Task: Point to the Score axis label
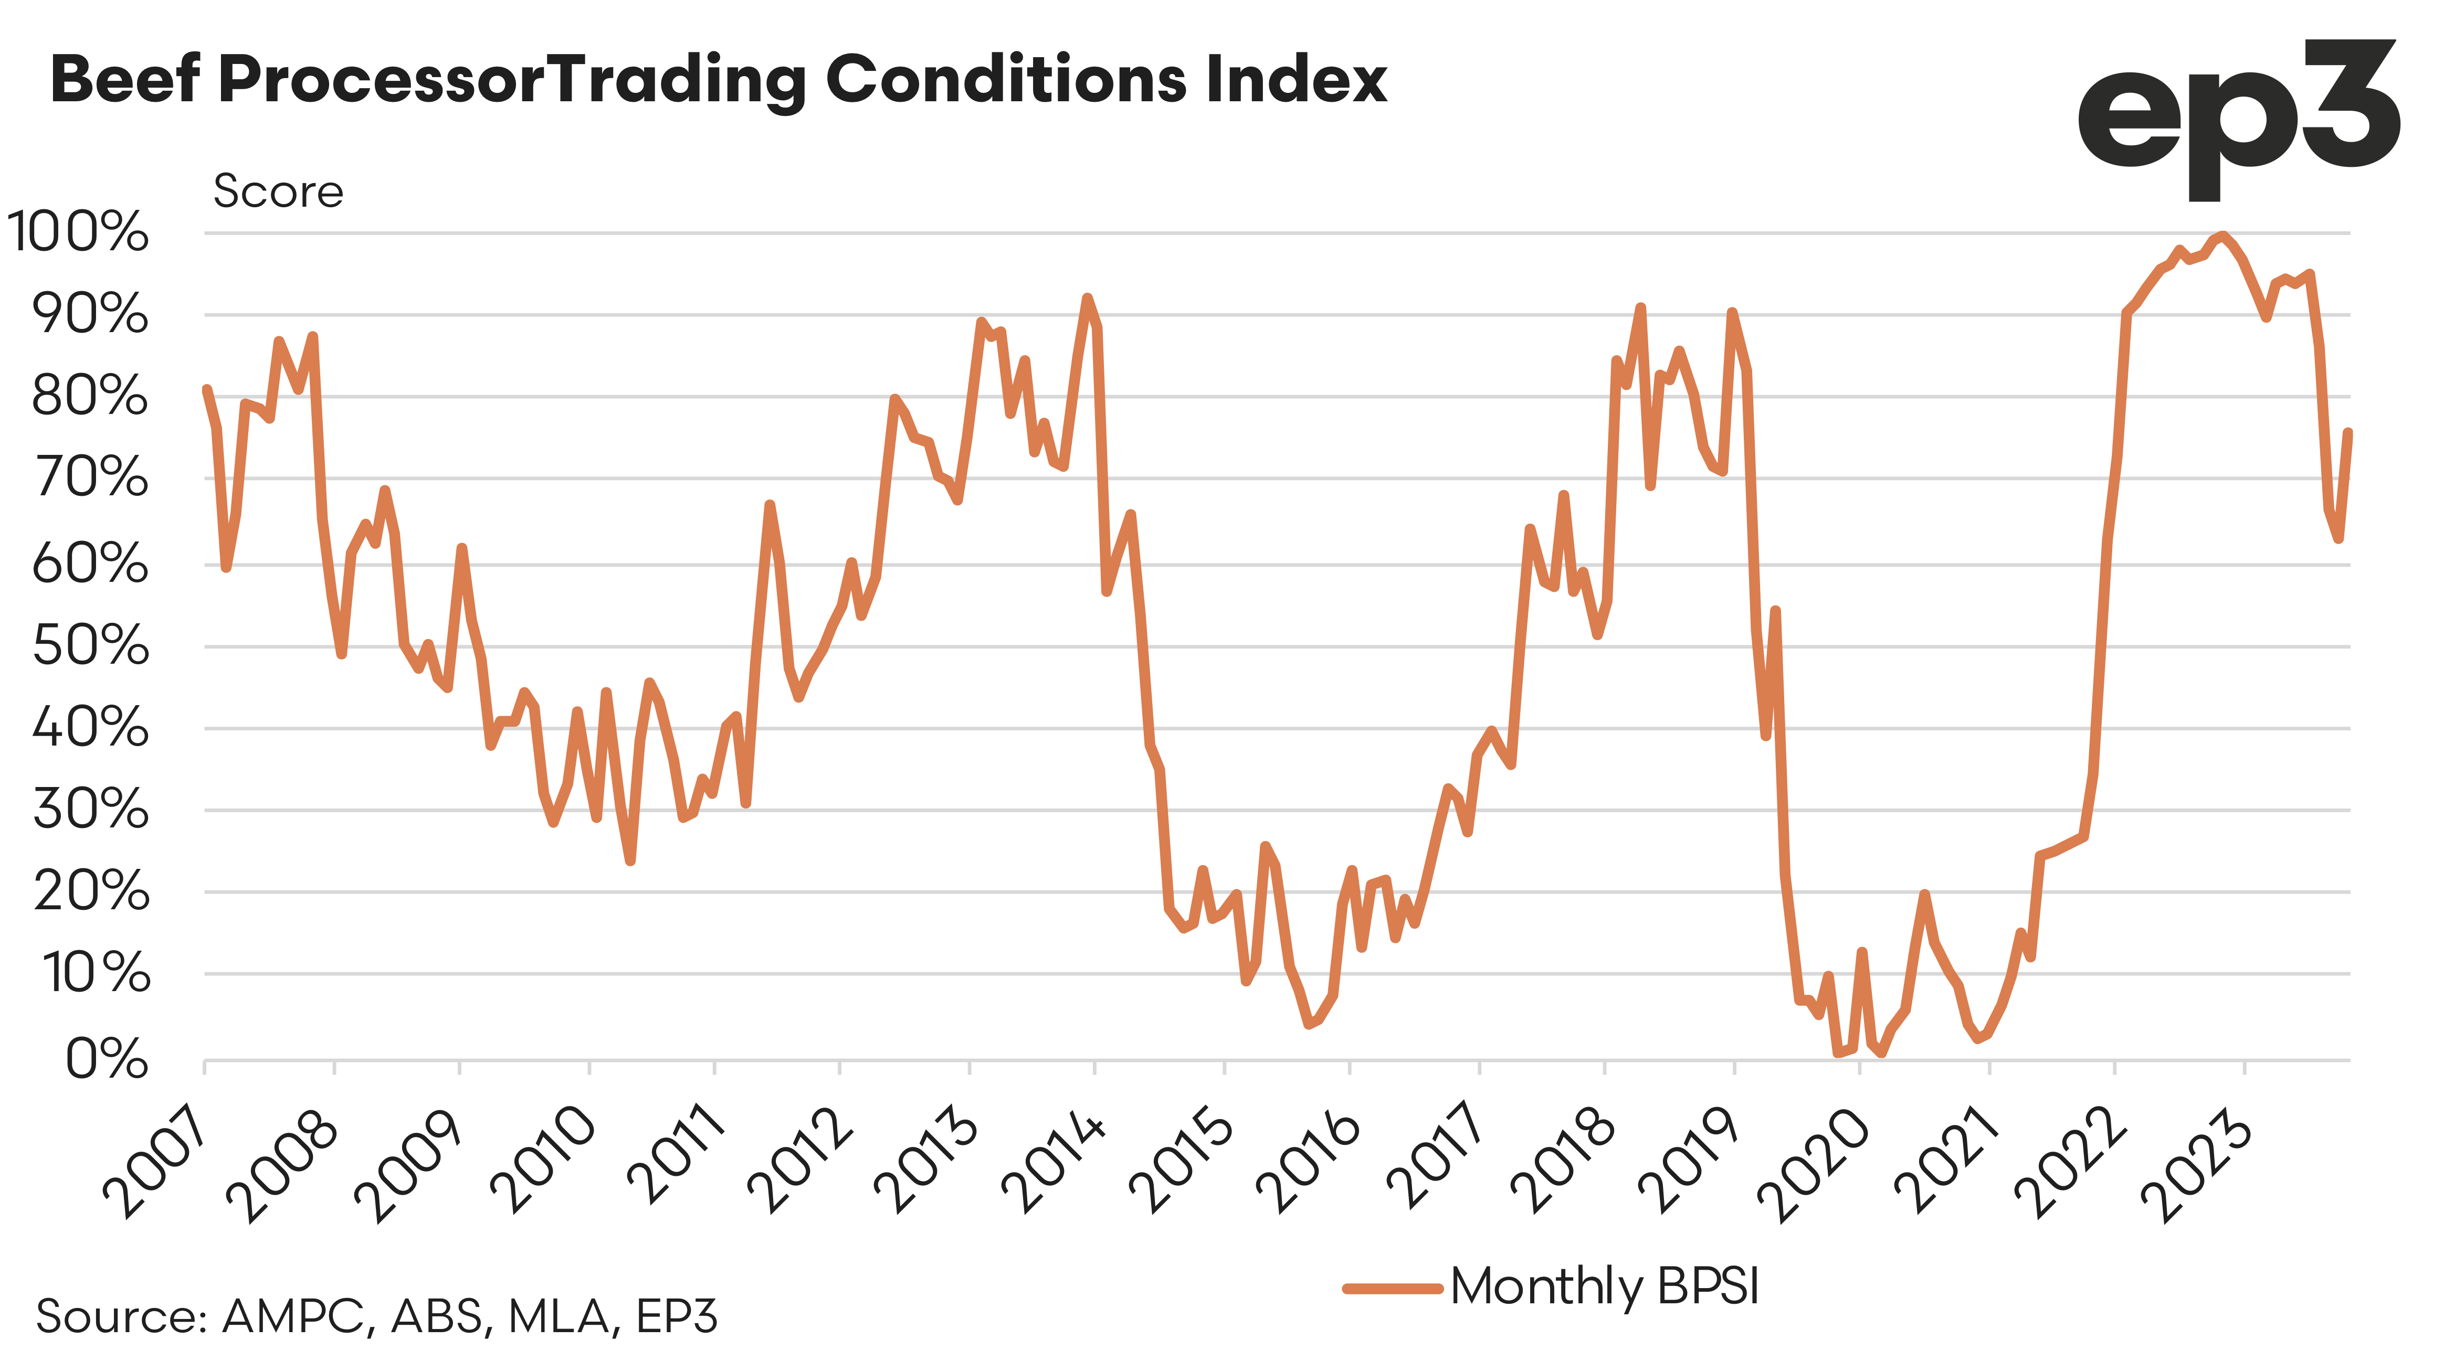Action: (277, 192)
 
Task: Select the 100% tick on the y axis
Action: (78, 232)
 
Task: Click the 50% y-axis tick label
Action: (90, 647)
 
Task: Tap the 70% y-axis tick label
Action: (90, 478)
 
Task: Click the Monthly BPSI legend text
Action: (1604, 1286)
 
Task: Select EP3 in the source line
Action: (677, 1317)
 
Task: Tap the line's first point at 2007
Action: (207, 389)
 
